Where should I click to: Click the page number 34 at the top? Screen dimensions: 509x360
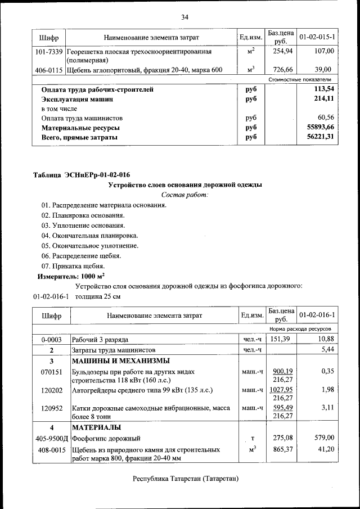click(184, 17)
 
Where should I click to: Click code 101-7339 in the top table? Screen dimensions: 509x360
click(48, 51)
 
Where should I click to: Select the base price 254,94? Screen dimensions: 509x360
click(281, 51)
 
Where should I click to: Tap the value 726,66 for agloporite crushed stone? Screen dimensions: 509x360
click(281, 70)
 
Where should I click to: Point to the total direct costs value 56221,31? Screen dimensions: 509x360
click(319, 137)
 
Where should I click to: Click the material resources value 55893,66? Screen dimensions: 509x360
click(319, 128)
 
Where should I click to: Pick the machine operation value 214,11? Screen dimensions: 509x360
click(323, 99)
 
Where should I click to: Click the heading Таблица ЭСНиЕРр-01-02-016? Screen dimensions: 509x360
click(78, 175)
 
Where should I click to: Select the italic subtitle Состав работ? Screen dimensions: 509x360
click(184, 195)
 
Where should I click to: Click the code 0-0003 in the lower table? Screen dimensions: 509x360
click(50, 340)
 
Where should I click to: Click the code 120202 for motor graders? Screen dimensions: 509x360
click(50, 389)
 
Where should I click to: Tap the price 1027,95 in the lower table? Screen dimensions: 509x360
click(282, 389)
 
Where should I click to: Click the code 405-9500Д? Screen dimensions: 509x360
click(51, 438)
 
